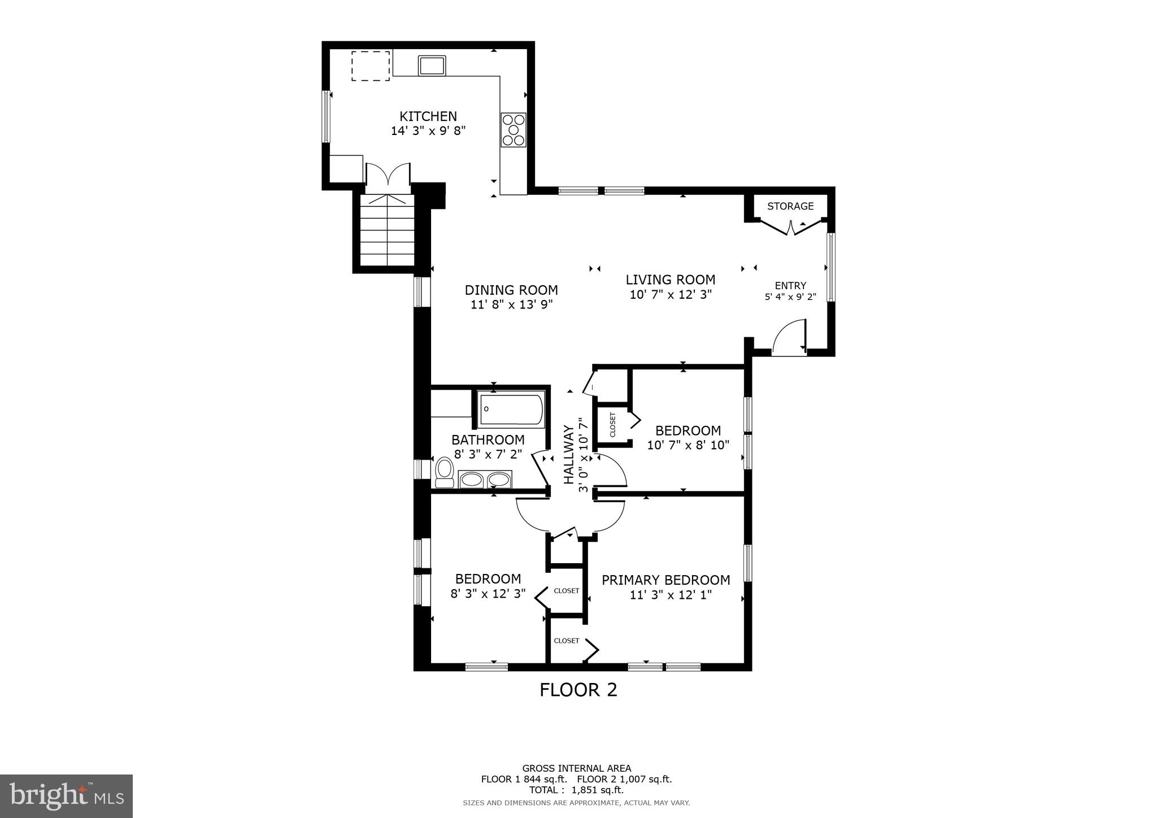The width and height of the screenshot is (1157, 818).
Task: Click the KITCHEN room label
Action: [x=428, y=116]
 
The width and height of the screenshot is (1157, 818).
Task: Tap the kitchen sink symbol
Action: [x=432, y=66]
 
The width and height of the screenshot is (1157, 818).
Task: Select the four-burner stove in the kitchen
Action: [x=513, y=130]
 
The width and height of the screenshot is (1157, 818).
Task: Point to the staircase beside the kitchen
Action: [x=388, y=232]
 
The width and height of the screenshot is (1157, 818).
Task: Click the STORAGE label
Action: [x=790, y=206]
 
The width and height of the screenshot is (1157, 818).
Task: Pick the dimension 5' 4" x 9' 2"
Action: [x=790, y=297]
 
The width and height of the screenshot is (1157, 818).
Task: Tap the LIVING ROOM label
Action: [x=670, y=280]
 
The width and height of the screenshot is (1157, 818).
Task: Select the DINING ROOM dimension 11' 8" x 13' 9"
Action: [x=511, y=304]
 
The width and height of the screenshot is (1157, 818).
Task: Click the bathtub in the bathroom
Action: [x=511, y=410]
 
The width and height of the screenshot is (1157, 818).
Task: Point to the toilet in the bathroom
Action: [x=445, y=473]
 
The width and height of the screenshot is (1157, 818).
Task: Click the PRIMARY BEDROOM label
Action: [x=666, y=580]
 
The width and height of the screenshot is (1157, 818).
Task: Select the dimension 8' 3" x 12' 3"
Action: [x=488, y=594]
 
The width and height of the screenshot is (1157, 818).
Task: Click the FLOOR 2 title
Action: [x=578, y=690]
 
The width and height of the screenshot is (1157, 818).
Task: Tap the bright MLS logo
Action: [x=66, y=796]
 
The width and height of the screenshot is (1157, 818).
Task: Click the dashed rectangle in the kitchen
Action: [x=371, y=66]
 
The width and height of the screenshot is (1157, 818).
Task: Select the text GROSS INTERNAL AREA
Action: [x=576, y=768]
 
